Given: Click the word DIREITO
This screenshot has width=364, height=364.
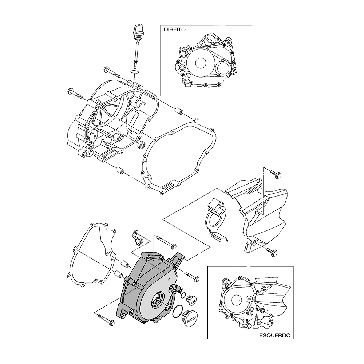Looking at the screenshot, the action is [175, 30].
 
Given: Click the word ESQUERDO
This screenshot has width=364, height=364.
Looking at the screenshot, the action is [274, 336].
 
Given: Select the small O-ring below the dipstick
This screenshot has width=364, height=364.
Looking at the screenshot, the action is [134, 71].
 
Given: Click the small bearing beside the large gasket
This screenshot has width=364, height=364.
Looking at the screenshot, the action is [141, 145].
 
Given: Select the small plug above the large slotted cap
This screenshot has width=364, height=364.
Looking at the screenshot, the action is [192, 300].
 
